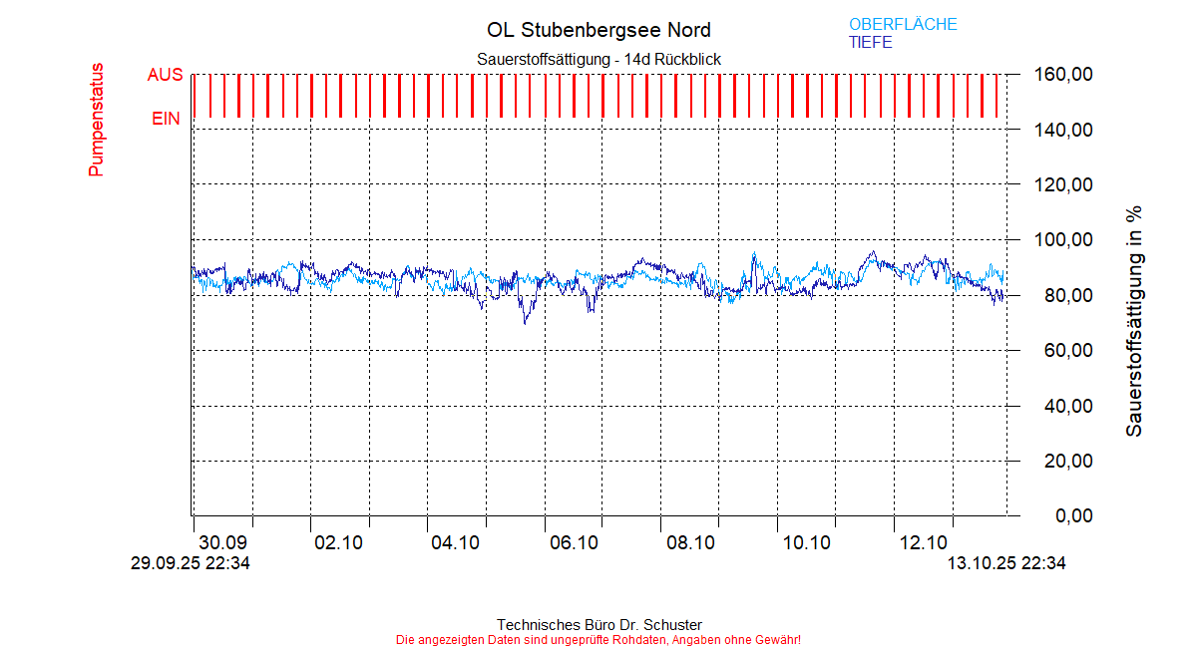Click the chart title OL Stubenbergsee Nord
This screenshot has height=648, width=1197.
tap(598, 30)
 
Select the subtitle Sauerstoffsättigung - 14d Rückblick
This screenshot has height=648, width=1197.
tap(598, 60)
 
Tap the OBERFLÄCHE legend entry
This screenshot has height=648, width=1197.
tap(903, 24)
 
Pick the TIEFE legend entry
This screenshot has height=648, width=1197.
tap(870, 43)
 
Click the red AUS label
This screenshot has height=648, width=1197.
tap(165, 75)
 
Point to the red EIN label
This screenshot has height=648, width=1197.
tap(166, 119)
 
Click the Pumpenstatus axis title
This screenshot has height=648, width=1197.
tap(96, 120)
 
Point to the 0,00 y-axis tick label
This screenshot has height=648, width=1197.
tap(1049, 516)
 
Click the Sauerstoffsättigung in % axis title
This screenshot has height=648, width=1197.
tap(1133, 321)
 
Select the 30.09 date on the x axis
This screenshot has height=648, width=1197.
tap(222, 543)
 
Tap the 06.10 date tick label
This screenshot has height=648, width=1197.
tap(574, 543)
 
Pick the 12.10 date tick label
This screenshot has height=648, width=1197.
tap(924, 543)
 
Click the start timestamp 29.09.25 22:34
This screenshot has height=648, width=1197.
tap(190, 563)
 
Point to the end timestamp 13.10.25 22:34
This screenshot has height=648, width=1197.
tap(1005, 563)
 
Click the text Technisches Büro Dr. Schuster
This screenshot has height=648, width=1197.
tap(598, 625)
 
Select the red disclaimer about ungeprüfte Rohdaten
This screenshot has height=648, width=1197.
tap(598, 639)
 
